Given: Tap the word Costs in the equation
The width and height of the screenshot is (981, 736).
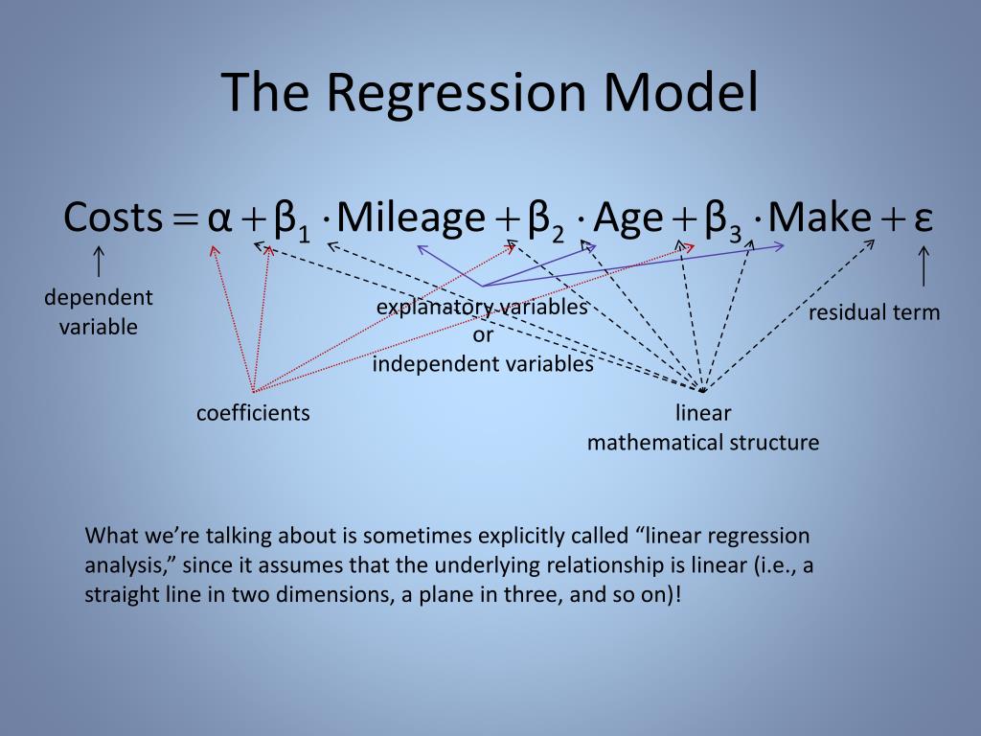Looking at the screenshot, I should [x=113, y=218].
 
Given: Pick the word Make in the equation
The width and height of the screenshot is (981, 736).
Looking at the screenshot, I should [x=819, y=218].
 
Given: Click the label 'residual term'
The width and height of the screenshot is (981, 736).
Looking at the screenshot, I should [x=874, y=312].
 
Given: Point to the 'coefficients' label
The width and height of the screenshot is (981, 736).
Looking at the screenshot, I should [x=253, y=413].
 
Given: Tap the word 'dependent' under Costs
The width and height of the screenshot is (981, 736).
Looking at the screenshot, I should [x=99, y=298].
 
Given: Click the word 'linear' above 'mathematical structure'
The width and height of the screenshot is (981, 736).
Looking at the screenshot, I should [x=703, y=413].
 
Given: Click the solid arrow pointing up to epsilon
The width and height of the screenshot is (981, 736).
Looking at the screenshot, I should [x=924, y=265].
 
